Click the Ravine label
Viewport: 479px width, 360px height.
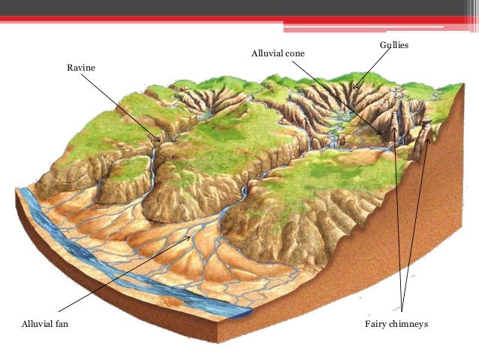pos(81,68)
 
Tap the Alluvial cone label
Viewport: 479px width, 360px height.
pos(277,55)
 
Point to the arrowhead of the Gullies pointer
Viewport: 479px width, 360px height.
pos(354,87)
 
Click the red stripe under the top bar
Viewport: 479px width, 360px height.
pos(150,18)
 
